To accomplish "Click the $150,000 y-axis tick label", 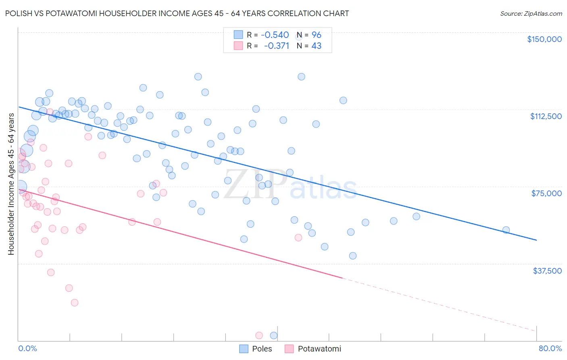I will [544, 39].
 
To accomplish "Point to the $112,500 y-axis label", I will [546, 116].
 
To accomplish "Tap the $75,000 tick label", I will [546, 193].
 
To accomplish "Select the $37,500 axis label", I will [547, 271].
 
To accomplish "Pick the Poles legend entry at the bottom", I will [256, 349].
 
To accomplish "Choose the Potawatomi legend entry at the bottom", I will [313, 349].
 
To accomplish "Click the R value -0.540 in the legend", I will [275, 35].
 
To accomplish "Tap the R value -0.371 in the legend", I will [277, 46].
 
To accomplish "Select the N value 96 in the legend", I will [317, 35].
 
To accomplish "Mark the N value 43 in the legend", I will [317, 46].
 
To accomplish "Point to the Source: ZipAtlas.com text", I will [531, 13].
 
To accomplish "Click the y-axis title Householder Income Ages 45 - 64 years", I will [11, 184].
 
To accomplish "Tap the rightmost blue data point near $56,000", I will [506, 230].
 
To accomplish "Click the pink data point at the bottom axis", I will [259, 335].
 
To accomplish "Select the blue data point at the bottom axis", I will [273, 335].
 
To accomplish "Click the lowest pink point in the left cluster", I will [74, 303].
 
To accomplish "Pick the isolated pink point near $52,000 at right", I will [298, 237].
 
